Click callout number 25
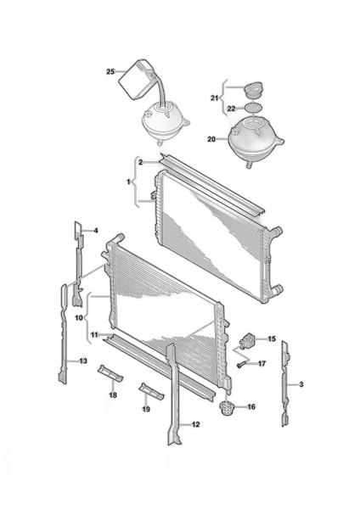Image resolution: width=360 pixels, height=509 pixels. [x=110, y=71]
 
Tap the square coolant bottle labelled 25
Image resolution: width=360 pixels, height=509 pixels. [x=136, y=79]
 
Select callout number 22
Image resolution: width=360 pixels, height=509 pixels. [x=231, y=109]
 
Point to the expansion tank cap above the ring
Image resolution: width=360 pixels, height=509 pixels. [x=254, y=90]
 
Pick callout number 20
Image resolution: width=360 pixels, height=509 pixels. [x=211, y=139]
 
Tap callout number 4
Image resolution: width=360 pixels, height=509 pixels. [x=96, y=231]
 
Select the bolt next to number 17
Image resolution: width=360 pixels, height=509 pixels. [x=241, y=365]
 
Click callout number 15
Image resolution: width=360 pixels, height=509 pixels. [x=272, y=338]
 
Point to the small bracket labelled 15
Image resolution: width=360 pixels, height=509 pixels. [x=247, y=340]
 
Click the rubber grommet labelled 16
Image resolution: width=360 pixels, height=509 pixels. [x=226, y=408]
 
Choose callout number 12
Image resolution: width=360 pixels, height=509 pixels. [x=195, y=424]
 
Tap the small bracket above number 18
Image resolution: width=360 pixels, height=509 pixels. [x=110, y=373]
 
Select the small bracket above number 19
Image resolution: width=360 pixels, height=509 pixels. [x=151, y=391]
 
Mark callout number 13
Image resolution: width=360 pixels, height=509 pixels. [x=83, y=361]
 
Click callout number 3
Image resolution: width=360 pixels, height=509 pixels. [x=301, y=384]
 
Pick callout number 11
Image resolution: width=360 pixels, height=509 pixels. [x=94, y=334]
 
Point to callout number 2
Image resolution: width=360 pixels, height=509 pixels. [x=140, y=162]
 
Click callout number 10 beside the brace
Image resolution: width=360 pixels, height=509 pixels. [x=79, y=318]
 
